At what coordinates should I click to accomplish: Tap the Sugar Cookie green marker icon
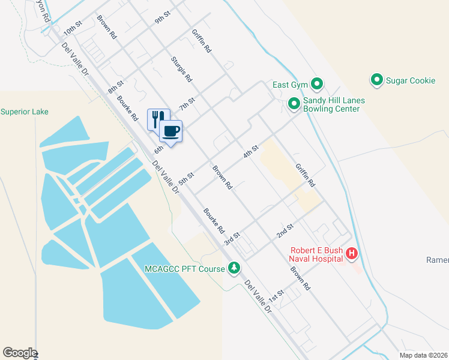[377, 80]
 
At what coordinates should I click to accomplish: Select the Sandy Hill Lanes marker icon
[294, 104]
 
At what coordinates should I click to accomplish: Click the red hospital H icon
[352, 254]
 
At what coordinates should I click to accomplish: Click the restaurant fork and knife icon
[158, 118]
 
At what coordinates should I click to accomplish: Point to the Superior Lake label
[25, 112]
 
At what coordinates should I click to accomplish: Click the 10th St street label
[72, 29]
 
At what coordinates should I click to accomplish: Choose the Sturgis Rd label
[181, 69]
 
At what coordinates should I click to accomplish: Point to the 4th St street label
[250, 151]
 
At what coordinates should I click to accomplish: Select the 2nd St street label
[285, 230]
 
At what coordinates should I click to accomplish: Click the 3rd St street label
[232, 238]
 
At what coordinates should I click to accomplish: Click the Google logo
[19, 353]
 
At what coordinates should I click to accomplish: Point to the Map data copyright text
[423, 355]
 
